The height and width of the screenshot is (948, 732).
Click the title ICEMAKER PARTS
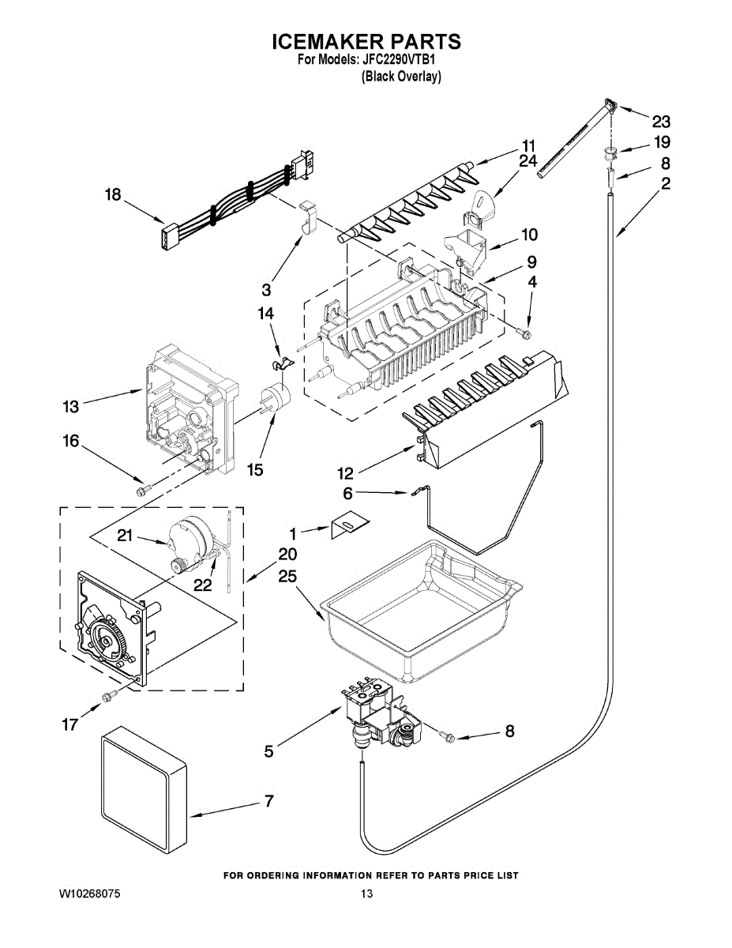[x=366, y=41]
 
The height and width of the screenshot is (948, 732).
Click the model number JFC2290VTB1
[x=406, y=60]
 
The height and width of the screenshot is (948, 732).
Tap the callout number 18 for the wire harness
[x=114, y=194]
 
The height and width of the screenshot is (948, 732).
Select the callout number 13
[x=71, y=407]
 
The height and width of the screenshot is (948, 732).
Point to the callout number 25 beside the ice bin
[x=287, y=577]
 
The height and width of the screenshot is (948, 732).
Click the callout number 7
[x=269, y=801]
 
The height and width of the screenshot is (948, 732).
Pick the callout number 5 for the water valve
[x=269, y=751]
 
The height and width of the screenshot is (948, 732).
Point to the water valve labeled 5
[x=378, y=713]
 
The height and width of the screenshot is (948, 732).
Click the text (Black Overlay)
[x=400, y=77]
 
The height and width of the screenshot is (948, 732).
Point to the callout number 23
[x=661, y=122]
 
